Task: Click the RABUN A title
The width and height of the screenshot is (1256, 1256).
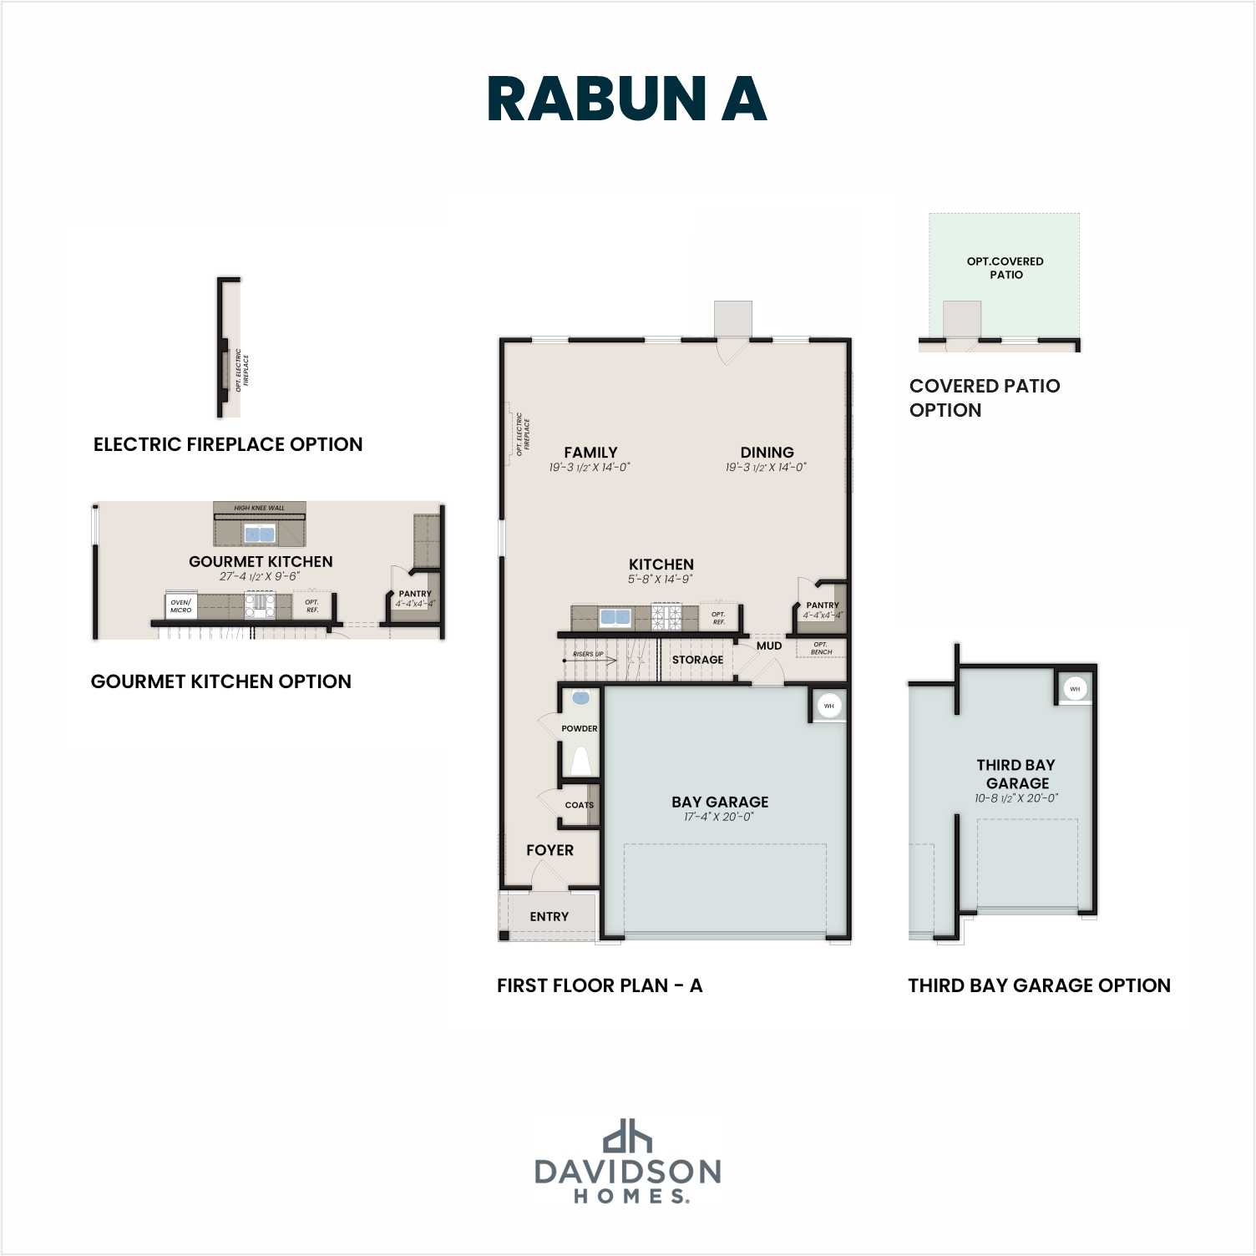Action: [626, 99]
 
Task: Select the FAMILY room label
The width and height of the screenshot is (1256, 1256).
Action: [590, 453]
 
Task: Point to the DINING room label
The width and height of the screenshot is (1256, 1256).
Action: [767, 453]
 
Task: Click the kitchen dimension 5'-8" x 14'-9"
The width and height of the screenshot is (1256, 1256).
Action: [661, 579]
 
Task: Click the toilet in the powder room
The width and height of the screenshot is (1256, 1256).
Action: [580, 761]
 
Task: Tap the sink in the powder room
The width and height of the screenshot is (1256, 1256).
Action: [580, 698]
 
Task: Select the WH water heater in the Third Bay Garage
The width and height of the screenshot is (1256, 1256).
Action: [1075, 689]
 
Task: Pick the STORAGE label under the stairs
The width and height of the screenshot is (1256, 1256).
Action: [697, 660]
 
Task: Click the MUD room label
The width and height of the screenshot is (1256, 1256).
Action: [769, 646]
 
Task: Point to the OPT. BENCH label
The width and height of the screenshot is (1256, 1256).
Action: [821, 648]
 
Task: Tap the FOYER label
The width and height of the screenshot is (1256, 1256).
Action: [549, 850]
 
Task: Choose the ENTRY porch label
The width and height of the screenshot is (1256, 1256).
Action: [549, 916]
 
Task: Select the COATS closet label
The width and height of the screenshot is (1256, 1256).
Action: [579, 805]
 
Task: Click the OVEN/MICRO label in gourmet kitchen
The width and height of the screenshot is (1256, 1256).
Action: [180, 605]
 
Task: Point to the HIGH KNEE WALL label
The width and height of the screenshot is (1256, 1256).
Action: [259, 508]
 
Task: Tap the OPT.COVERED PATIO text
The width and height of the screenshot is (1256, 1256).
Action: [1005, 267]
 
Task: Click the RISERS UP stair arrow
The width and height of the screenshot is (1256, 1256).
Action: [589, 660]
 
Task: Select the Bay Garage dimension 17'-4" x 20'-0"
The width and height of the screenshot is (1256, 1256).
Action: [718, 817]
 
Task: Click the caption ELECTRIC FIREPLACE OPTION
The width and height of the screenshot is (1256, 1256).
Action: [228, 444]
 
